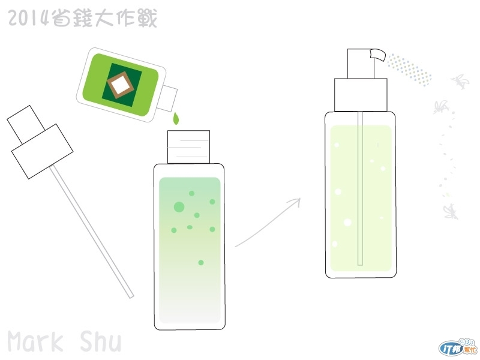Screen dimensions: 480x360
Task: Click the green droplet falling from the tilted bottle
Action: pyautogui.click(x=176, y=119)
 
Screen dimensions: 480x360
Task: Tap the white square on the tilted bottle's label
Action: pyautogui.click(x=121, y=83)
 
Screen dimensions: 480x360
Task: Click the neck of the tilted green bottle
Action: pyautogui.click(x=167, y=98)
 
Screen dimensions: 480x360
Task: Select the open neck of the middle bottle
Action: pyautogui.click(x=188, y=147)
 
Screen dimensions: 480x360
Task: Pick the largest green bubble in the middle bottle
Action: pyautogui.click(x=179, y=207)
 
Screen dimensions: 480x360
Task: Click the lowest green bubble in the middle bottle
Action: pyautogui.click(x=201, y=263)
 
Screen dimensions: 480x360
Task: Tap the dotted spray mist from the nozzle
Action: pyautogui.click(x=410, y=70)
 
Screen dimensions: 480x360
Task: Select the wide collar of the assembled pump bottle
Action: pyautogui.click(x=361, y=95)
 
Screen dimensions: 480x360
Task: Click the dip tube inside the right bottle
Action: pyautogui.click(x=361, y=188)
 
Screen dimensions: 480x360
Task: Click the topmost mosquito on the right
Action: pyautogui.click(x=460, y=82)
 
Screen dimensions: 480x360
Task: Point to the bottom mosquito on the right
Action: pyautogui.click(x=451, y=212)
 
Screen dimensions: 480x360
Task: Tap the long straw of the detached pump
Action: pyautogui.click(x=92, y=232)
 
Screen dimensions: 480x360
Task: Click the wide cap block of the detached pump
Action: pyautogui.click(x=42, y=152)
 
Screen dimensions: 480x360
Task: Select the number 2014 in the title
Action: pyautogui.click(x=28, y=18)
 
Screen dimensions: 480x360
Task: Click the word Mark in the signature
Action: pyautogui.click(x=35, y=341)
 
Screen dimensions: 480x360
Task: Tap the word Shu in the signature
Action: pyautogui.click(x=101, y=341)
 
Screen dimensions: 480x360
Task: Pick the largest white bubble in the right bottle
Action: pyautogui.click(x=347, y=222)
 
